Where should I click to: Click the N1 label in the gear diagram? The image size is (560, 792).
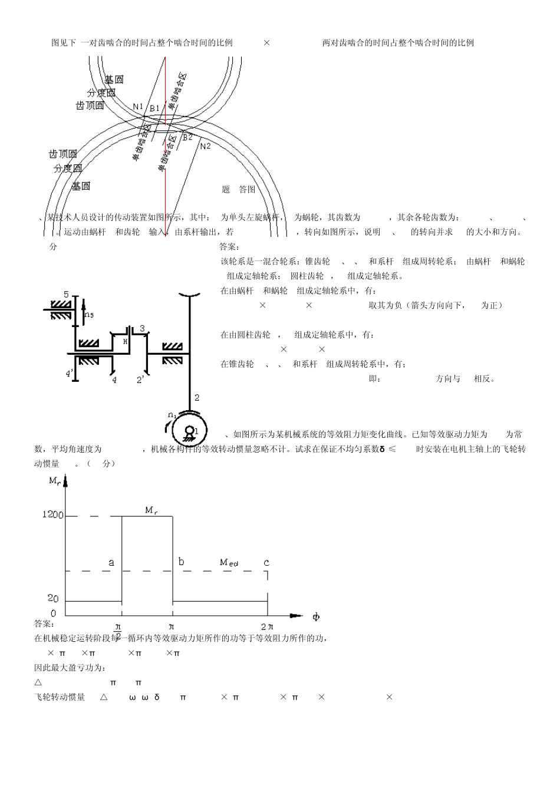point(138,107)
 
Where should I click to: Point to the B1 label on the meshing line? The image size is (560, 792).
point(154,108)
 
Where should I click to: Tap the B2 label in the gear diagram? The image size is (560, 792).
point(187,137)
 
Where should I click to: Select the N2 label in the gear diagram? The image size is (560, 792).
point(205,146)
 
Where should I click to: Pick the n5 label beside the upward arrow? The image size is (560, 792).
point(89,315)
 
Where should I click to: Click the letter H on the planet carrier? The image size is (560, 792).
point(125,341)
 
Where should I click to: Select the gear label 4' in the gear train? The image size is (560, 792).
point(70,374)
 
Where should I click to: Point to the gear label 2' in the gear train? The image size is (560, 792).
point(141,380)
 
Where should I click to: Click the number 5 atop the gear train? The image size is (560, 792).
point(66,294)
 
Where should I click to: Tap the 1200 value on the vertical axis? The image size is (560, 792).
point(52,514)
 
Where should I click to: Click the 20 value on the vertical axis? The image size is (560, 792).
point(53,598)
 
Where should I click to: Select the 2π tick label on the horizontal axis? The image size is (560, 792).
point(267,626)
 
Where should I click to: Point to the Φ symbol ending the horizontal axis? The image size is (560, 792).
point(316,617)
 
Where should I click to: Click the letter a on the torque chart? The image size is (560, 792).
point(111,563)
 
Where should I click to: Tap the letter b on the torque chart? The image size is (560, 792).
point(181,562)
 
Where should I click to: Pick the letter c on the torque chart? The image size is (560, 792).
point(266,563)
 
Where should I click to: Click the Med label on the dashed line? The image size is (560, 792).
point(229,562)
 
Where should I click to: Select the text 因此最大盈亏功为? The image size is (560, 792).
point(70,668)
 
